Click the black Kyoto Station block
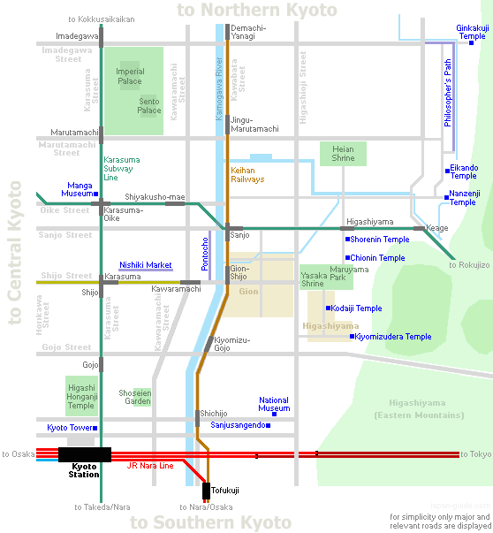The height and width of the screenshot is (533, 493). [85, 454]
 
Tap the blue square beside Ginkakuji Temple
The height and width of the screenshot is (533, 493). [471, 42]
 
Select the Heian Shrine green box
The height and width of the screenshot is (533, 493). [343, 154]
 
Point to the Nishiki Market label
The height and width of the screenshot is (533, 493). [146, 265]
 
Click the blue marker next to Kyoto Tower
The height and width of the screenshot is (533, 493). [95, 428]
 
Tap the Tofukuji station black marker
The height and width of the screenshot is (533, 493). [206, 491]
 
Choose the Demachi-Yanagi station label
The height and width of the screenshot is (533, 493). [248, 32]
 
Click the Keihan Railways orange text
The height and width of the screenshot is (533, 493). [247, 175]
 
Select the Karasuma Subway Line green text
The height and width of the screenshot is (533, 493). [122, 169]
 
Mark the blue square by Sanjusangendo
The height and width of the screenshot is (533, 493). [269, 425]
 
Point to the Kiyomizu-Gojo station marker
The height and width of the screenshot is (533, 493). [209, 344]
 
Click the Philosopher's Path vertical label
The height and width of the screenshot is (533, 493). [448, 93]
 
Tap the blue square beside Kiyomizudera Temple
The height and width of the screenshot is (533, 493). [352, 337]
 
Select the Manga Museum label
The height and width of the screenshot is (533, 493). [77, 189]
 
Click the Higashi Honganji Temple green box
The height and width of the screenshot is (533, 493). [81, 396]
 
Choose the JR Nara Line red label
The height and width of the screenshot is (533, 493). [150, 465]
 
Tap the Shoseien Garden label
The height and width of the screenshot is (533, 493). [135, 397]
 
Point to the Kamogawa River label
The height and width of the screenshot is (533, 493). [219, 88]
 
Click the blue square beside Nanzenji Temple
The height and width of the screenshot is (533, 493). [446, 197]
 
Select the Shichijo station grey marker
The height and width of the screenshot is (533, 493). [197, 418]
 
